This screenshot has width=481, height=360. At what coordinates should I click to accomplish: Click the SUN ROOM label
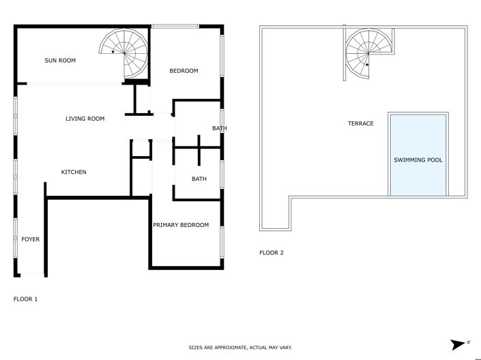(x=60, y=61)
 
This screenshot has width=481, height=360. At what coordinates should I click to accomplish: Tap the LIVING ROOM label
(x=85, y=119)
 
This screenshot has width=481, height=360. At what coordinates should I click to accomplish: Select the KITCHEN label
(x=74, y=172)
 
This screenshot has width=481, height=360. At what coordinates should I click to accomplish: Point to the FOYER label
(x=30, y=239)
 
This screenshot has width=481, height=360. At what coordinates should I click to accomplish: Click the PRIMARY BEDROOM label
(x=181, y=225)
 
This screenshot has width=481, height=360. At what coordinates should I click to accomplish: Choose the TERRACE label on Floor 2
(x=360, y=123)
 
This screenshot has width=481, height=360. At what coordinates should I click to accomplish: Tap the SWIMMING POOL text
(x=418, y=160)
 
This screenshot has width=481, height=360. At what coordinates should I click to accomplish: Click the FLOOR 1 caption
(x=25, y=299)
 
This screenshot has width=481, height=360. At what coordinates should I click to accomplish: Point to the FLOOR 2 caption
(x=271, y=253)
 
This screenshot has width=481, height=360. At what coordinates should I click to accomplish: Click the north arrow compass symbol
(x=458, y=343)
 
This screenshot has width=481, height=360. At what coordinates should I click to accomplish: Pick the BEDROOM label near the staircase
(x=184, y=71)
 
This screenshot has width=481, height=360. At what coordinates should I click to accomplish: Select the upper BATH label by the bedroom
(x=219, y=128)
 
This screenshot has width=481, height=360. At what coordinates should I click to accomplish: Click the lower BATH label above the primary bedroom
(x=199, y=179)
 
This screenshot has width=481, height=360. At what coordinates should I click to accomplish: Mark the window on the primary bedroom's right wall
(x=222, y=243)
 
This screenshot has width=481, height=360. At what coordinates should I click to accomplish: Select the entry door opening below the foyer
(x=30, y=275)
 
